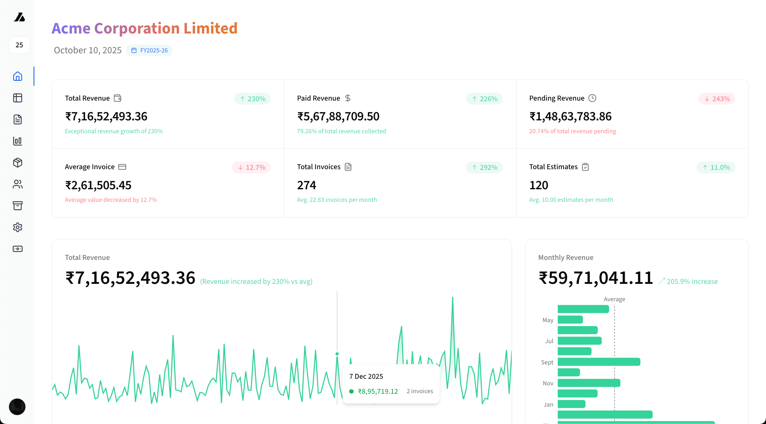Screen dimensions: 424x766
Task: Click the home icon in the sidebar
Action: point(18,76)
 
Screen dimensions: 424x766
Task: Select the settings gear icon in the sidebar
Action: point(18,227)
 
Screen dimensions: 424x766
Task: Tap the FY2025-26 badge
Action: point(149,50)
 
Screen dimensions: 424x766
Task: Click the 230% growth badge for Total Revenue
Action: point(253,99)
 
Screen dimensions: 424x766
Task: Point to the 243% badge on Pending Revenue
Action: point(717,99)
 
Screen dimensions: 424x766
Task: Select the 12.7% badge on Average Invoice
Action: point(251,167)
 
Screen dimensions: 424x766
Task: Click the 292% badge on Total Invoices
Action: point(484,167)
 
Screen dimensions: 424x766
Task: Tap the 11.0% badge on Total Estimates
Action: point(716,167)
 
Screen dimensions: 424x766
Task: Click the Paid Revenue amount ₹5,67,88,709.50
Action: point(338,116)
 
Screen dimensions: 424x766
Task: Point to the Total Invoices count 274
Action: point(306,185)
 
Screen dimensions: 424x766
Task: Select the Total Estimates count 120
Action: point(539,185)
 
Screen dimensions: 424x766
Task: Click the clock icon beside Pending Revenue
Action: point(592,98)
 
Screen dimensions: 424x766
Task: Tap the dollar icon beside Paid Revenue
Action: point(347,98)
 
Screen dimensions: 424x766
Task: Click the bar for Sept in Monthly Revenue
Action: point(599,362)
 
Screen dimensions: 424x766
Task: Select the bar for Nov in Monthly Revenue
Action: point(589,383)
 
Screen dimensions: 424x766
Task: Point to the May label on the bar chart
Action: point(548,320)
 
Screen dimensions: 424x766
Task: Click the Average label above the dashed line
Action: point(614,299)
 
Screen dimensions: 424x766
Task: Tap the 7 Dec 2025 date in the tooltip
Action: point(366,376)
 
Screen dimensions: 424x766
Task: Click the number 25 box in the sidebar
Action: point(19,45)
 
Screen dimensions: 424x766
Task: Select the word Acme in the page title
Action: point(71,28)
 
